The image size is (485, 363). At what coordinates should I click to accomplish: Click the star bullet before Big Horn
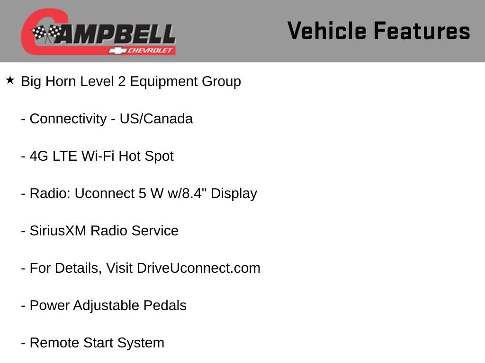10,80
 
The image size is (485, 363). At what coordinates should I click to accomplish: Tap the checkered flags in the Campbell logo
46,34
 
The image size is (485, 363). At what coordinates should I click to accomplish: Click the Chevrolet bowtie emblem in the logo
115,50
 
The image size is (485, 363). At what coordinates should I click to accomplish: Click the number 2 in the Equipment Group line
122,81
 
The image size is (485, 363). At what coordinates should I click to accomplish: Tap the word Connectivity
68,119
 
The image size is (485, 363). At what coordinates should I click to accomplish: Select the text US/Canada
156,119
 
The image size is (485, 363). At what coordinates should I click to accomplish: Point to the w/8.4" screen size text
187,193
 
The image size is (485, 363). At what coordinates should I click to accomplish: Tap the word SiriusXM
58,231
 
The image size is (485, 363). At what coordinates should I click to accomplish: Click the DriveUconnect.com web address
198,268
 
